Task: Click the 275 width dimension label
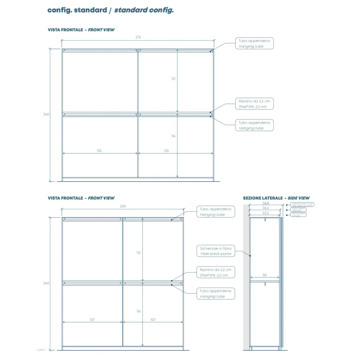tap(138, 37)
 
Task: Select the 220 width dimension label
tap(123, 206)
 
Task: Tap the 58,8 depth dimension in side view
tap(266, 203)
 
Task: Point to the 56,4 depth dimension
tap(266, 208)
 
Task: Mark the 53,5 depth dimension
tap(266, 213)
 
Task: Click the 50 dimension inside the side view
tap(265, 275)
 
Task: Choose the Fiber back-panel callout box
tap(216, 251)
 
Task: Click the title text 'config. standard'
tap(77, 10)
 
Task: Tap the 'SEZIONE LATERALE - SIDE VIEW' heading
tap(276, 198)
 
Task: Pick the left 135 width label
tap(99, 151)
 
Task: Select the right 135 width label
tap(166, 151)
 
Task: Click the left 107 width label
tap(92, 320)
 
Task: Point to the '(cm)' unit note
tap(41, 350)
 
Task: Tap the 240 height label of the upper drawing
tap(46, 114)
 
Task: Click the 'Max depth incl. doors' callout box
tap(302, 204)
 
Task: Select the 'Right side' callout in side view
tap(298, 210)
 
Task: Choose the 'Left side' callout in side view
tap(298, 215)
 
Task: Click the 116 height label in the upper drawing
tap(173, 136)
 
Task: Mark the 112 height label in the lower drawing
tap(139, 253)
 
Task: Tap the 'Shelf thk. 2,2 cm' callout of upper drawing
tap(254, 104)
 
